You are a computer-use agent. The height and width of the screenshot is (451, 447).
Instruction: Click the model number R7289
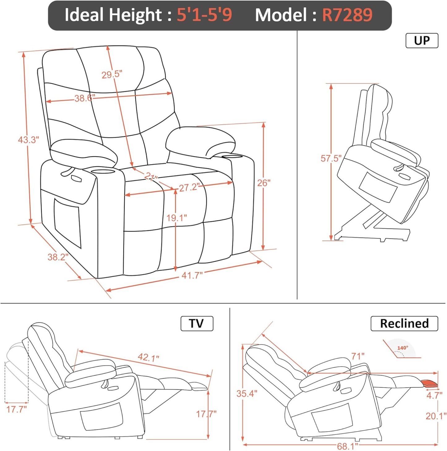[347, 15]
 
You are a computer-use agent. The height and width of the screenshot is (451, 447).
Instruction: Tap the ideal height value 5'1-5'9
[204, 15]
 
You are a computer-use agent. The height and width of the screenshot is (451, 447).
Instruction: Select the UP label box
[422, 41]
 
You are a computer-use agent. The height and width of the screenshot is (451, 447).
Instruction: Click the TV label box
[197, 323]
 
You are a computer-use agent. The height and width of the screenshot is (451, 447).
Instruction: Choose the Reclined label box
[404, 323]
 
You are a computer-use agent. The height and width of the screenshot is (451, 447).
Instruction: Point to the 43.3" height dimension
[28, 140]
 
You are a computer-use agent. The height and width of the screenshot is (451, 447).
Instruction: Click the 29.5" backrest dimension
[112, 74]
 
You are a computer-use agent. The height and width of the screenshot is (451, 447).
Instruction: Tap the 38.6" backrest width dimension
[84, 98]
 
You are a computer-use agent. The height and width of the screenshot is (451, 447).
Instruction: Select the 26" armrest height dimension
[264, 183]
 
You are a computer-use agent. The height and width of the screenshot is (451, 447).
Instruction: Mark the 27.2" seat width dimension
[189, 187]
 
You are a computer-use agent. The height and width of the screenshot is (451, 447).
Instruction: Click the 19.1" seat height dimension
[176, 218]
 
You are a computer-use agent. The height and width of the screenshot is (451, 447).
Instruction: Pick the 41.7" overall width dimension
[192, 275]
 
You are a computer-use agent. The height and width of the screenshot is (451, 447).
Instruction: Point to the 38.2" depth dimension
[58, 257]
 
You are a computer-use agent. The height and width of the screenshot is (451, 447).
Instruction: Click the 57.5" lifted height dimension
[331, 158]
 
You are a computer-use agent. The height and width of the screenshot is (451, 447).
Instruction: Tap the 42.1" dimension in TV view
[148, 357]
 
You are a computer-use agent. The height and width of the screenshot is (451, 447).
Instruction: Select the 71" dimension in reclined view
[358, 356]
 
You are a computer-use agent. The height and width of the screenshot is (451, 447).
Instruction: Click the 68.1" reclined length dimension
[347, 446]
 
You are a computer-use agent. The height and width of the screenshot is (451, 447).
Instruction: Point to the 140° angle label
[402, 348]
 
